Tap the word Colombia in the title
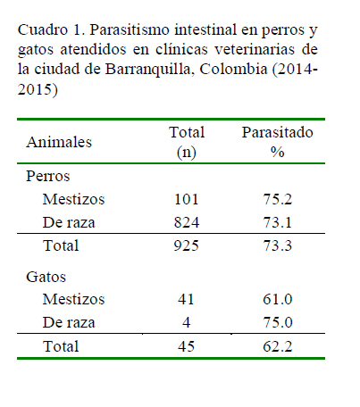pos(233,69)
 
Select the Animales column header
pos(59,142)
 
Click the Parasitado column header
pos(277,132)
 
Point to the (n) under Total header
pos(187,153)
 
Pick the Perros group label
pos(47,177)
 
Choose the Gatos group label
pos(46,277)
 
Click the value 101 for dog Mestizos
pos(187,199)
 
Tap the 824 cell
pos(187,222)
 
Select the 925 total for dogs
pos(187,245)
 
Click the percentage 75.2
pos(277,199)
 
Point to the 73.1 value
pos(277,222)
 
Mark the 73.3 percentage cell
pos(277,245)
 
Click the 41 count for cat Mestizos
pos(186,299)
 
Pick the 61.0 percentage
pos(278,299)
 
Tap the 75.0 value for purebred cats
pos(278,322)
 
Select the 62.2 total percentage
pos(278,346)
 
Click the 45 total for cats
pos(187,346)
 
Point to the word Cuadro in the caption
pos(43,29)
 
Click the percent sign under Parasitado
pos(277,152)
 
